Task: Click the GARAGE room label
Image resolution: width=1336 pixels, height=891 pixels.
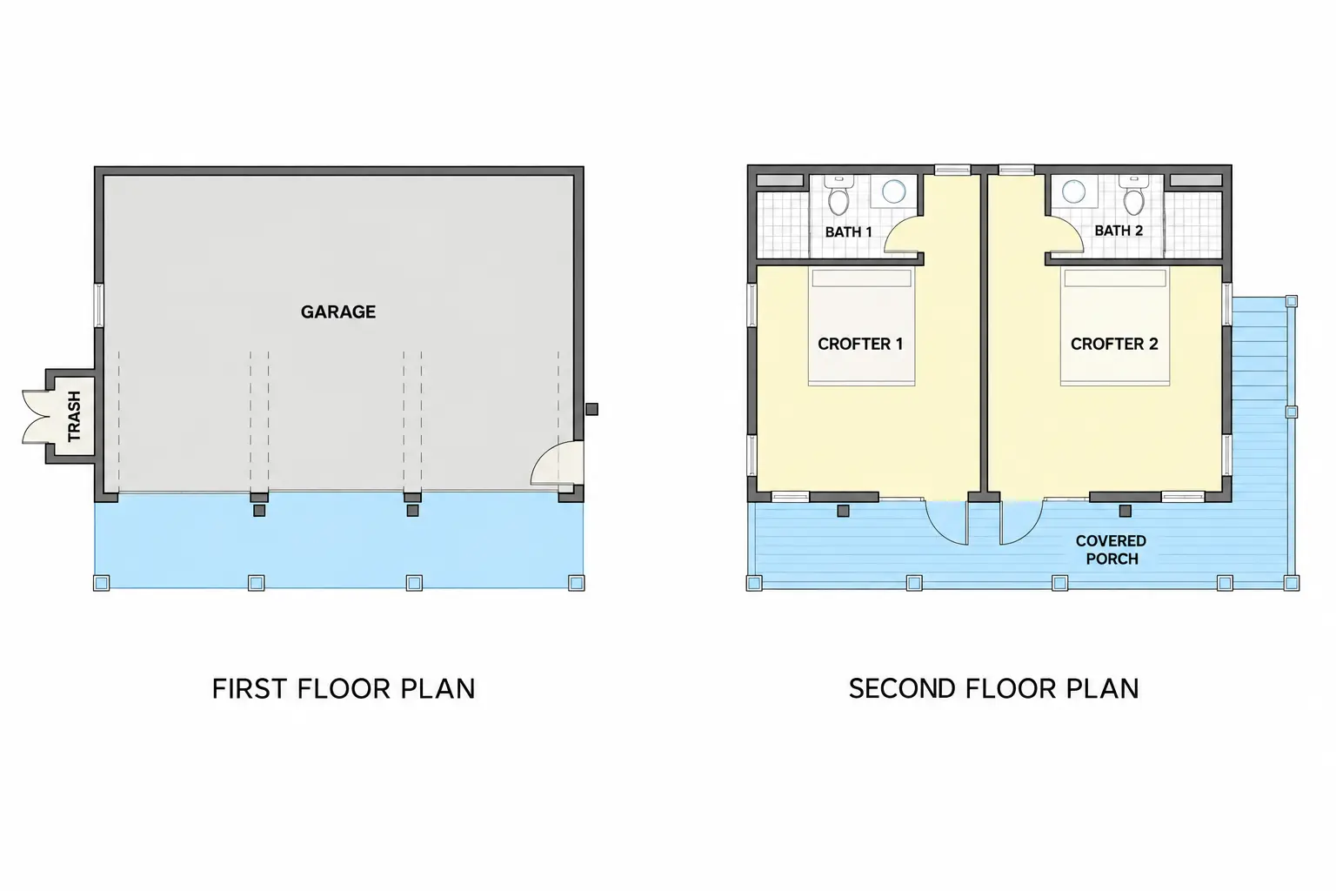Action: [337, 312]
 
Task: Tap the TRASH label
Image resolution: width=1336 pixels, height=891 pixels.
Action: [74, 416]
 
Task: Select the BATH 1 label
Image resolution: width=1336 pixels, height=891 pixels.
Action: [848, 231]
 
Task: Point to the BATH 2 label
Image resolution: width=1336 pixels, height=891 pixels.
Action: [1119, 231]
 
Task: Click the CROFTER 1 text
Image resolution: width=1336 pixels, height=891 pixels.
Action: [860, 344]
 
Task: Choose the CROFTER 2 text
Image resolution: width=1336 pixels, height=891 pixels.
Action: [1114, 344]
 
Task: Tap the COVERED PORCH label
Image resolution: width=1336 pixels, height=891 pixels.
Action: [1111, 550]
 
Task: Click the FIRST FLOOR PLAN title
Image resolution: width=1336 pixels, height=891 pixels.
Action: [344, 688]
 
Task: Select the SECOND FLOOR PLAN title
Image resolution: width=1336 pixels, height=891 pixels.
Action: [993, 688]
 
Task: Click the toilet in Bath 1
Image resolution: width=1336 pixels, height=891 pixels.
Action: [838, 195]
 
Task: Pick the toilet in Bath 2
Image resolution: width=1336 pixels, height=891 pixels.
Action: [1132, 195]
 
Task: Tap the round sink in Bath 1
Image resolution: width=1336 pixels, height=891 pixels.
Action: [893, 191]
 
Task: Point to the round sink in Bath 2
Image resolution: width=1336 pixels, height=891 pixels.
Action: [1073, 191]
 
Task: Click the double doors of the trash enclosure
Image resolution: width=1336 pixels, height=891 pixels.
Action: [36, 417]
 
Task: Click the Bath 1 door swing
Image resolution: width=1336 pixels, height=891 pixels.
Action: [903, 234]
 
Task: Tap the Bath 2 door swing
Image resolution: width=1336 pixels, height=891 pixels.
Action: [1065, 234]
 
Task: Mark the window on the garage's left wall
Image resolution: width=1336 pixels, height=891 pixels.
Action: [99, 305]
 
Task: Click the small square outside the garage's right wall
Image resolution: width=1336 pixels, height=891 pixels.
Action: [591, 409]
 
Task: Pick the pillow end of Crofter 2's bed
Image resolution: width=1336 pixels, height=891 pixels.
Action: [1115, 278]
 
